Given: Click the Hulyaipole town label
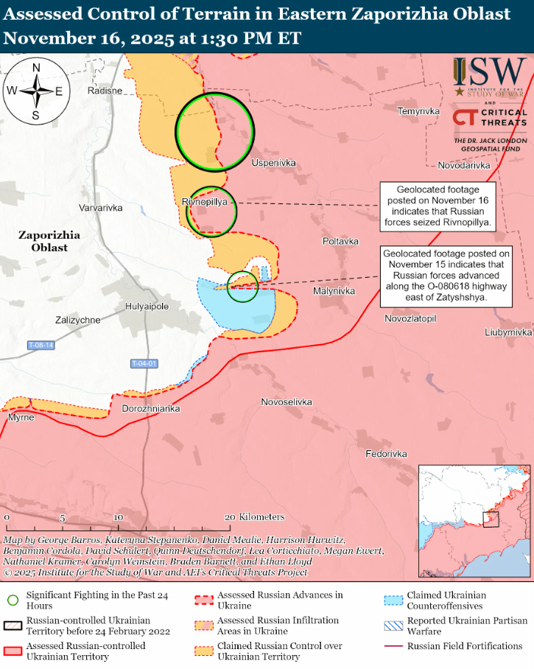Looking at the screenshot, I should [x=147, y=307].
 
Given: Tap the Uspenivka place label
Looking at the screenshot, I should [x=273, y=162].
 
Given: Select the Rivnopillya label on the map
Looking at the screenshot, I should [x=203, y=201].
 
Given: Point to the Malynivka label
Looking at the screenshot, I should [x=334, y=291].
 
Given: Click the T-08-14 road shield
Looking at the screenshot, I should [x=41, y=345].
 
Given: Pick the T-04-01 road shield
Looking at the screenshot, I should [x=144, y=363].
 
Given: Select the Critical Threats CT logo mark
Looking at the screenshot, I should [x=464, y=118].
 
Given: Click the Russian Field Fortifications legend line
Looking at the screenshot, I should [x=393, y=646].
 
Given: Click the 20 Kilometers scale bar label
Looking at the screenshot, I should [x=256, y=517].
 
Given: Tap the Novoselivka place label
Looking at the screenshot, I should [x=287, y=402].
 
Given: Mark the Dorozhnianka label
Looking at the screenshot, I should [x=150, y=408].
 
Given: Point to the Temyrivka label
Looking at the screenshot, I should [x=418, y=111].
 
